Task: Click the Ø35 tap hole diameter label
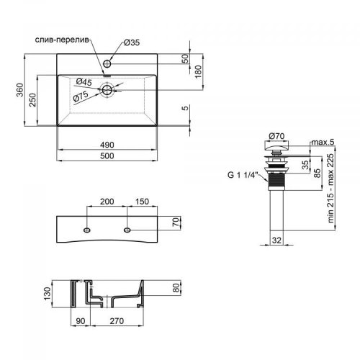tap(130, 43)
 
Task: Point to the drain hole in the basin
tap(108, 90)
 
